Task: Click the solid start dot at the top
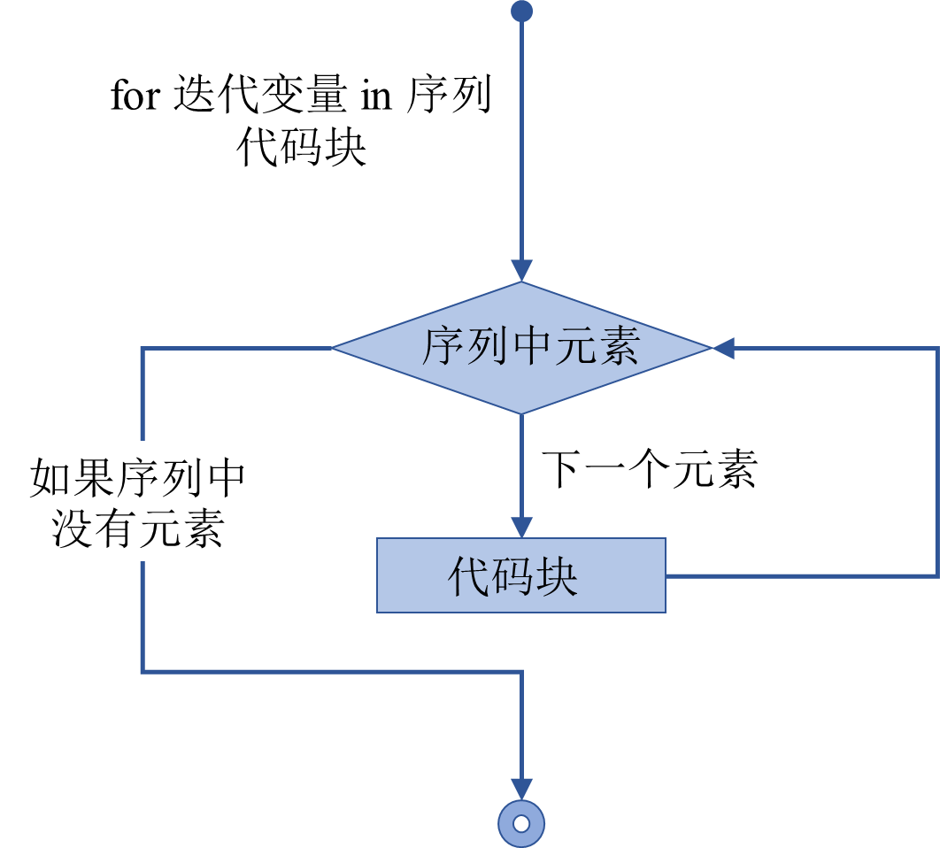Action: tap(522, 11)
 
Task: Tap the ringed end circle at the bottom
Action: tap(521, 823)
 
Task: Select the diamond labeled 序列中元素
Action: tap(521, 348)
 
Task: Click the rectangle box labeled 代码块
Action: tap(521, 575)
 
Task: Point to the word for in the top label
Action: tap(134, 96)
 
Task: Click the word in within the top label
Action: tap(375, 96)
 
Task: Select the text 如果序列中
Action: tap(137, 479)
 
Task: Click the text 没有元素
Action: tap(137, 528)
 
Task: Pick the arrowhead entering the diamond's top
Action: tap(522, 271)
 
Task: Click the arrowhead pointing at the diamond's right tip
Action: tap(723, 349)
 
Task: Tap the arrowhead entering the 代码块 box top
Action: tap(522, 527)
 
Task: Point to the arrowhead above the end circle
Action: tap(522, 789)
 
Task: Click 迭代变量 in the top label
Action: tap(258, 96)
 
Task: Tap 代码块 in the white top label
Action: tap(301, 148)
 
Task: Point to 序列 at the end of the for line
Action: tap(449, 96)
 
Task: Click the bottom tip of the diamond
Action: tap(522, 411)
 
